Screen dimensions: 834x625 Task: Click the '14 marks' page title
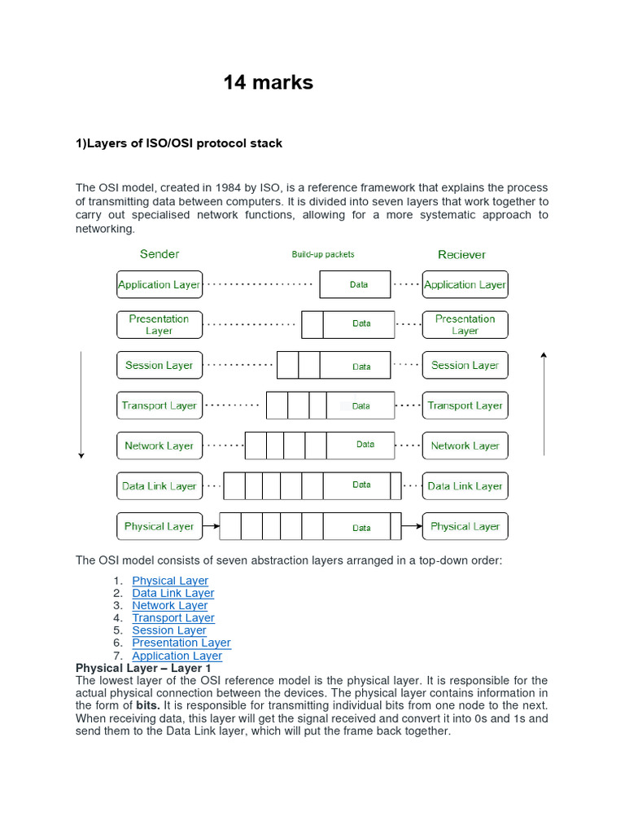(269, 82)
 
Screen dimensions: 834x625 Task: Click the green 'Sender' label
(160, 254)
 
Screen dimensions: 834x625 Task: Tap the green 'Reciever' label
(461, 254)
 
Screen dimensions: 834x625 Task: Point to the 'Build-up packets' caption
(323, 254)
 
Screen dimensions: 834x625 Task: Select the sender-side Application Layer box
(160, 284)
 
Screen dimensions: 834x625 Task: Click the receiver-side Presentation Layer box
(465, 324)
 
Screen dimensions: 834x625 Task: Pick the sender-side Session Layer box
(160, 365)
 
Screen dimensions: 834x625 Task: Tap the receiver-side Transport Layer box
(465, 405)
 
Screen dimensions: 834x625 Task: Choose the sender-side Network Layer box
(160, 446)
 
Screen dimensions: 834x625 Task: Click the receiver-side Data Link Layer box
(465, 486)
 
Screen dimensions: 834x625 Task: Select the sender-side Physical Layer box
(160, 526)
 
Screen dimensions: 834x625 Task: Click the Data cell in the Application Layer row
(358, 284)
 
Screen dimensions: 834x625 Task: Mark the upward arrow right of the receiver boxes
(544, 404)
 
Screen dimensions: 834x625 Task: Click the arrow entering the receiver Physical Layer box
(412, 526)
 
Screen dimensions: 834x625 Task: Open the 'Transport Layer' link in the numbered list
(173, 618)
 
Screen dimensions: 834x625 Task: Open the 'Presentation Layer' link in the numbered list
(181, 643)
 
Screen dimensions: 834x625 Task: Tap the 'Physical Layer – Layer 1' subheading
(143, 668)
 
